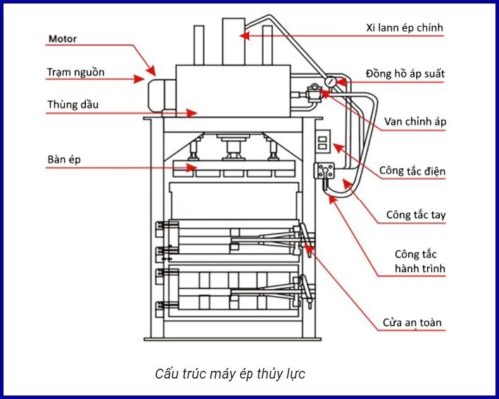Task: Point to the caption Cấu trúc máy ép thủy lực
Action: point(232,374)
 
